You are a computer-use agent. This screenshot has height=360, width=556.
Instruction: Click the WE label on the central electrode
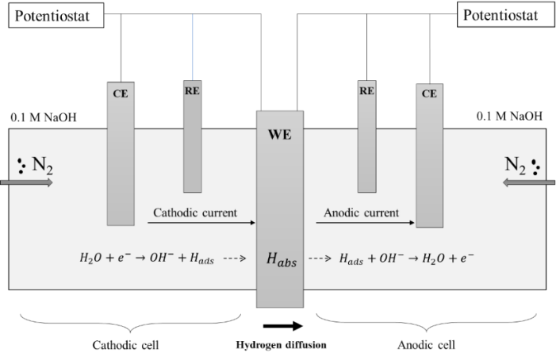(279, 135)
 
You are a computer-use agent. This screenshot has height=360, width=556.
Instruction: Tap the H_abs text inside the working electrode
(281, 259)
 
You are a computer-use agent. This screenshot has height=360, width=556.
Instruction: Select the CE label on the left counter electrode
(120, 94)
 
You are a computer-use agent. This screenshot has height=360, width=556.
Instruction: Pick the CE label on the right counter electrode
(429, 94)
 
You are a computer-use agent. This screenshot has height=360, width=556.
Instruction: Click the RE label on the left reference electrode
(192, 91)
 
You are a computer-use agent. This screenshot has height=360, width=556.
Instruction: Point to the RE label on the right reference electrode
(366, 91)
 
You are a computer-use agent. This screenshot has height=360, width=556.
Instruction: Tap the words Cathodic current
(194, 213)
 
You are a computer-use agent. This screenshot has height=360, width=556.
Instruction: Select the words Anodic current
(361, 213)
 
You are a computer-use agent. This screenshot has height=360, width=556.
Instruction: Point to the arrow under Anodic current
(365, 223)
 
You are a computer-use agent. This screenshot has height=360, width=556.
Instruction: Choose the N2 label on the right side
(516, 166)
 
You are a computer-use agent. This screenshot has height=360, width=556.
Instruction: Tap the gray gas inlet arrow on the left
(27, 182)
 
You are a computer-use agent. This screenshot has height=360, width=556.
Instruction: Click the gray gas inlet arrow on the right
(529, 182)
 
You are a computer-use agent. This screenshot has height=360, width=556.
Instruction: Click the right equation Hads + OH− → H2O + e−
(407, 259)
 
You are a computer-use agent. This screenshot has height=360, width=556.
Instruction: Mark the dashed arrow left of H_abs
(234, 259)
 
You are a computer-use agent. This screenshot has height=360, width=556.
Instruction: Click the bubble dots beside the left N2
(21, 165)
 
